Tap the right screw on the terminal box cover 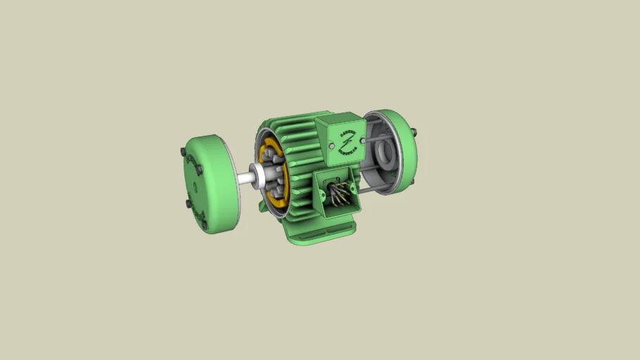(362, 141)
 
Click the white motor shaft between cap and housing (245, 179)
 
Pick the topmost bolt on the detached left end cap (184, 153)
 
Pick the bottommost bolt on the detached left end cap (205, 226)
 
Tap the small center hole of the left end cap (193, 188)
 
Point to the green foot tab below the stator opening (263, 206)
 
